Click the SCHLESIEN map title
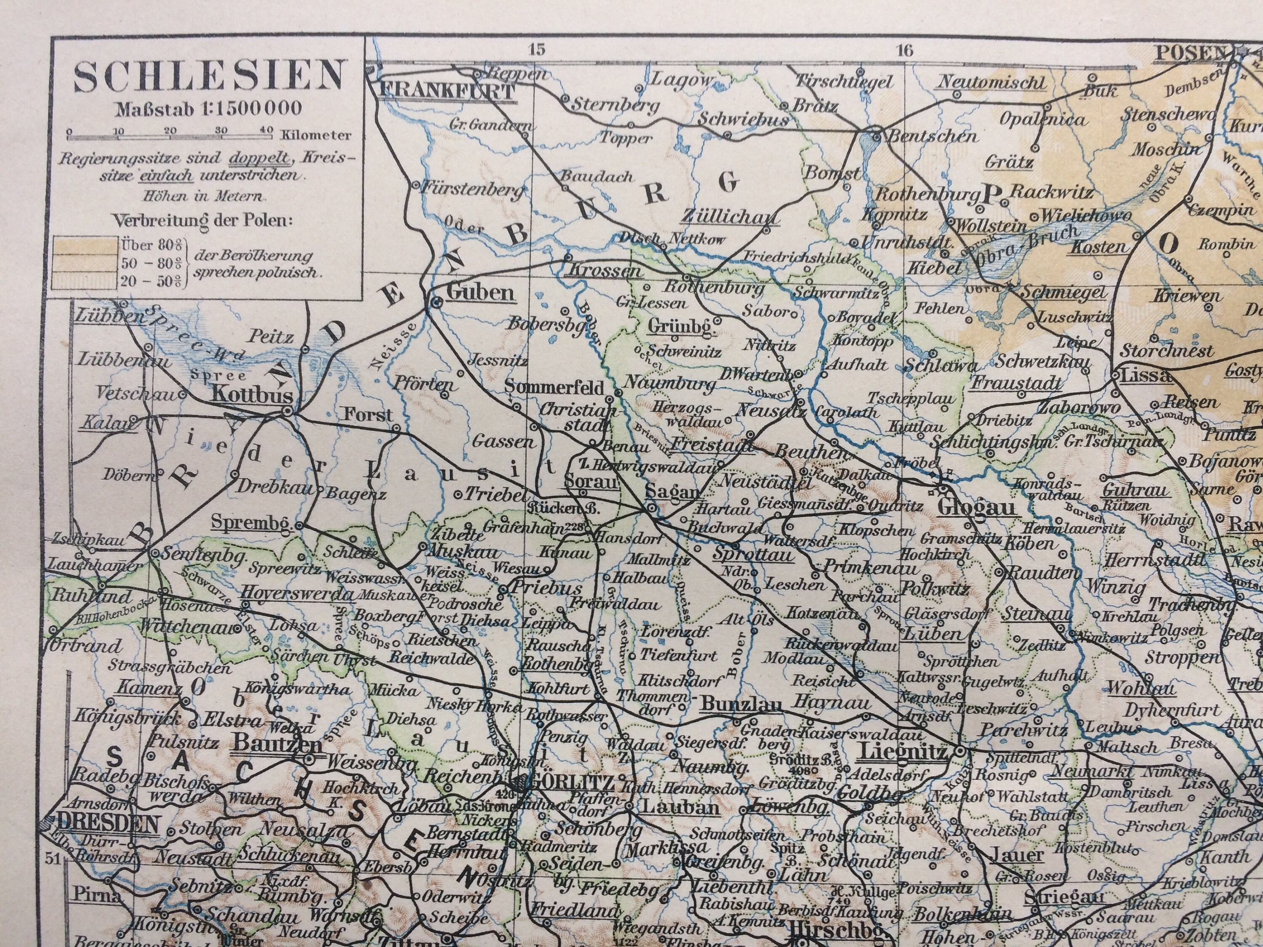[210, 77]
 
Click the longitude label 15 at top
[537, 50]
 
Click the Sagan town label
[672, 492]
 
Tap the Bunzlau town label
[741, 705]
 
